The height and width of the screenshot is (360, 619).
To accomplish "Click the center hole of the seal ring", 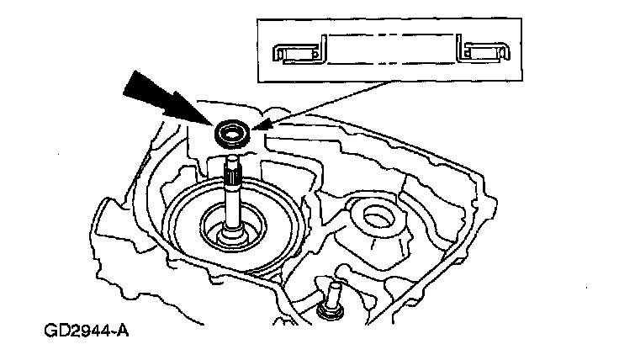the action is click(x=231, y=131).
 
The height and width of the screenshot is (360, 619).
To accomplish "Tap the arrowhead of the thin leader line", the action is click(x=256, y=127).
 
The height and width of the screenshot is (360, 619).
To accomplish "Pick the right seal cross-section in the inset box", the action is click(x=483, y=51).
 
